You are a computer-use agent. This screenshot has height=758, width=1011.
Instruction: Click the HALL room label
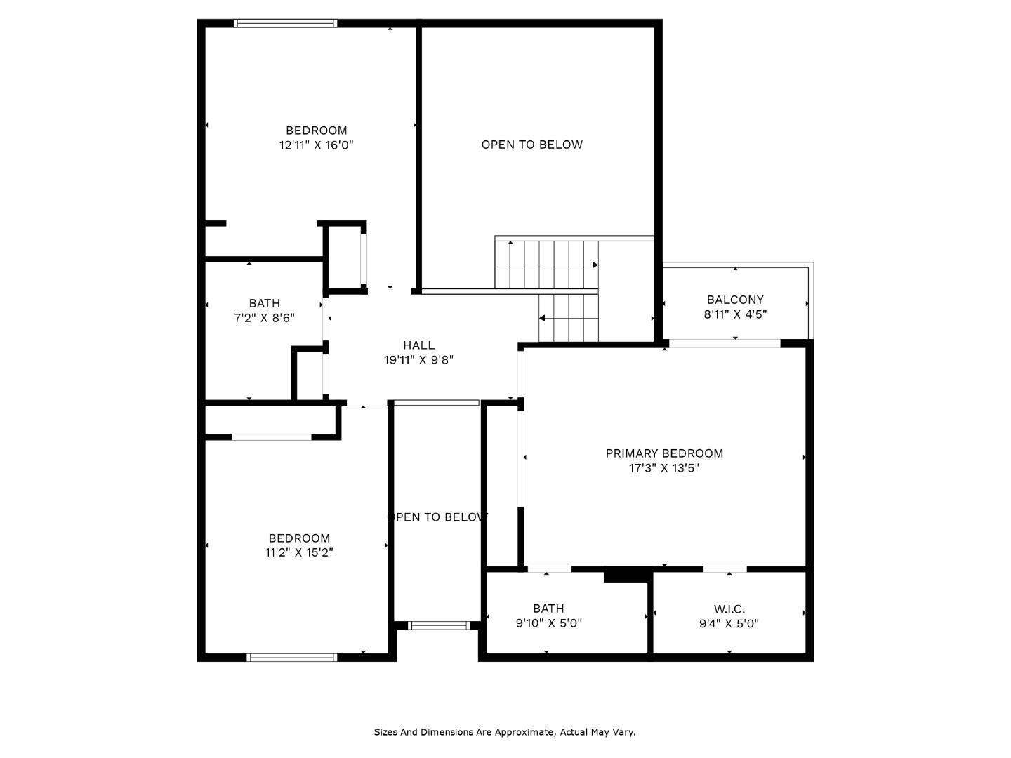pos(418,345)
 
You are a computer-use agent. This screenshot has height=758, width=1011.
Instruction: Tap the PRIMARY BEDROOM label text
pos(664,453)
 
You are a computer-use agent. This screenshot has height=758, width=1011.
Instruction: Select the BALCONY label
pos(735,300)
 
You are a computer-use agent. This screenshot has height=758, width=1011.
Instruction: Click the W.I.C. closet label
pos(729,609)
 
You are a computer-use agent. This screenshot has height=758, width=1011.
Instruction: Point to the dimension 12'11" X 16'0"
pos(316,145)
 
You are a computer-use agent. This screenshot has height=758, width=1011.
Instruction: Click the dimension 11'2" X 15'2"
pos(299,552)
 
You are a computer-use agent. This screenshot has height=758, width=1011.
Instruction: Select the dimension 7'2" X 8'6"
pos(264,318)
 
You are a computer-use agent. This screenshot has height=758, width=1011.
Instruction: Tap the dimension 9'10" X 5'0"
pos(548,623)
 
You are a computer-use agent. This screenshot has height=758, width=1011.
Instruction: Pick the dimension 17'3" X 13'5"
pos(664,468)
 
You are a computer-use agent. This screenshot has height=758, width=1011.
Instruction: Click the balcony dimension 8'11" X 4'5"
pos(735,314)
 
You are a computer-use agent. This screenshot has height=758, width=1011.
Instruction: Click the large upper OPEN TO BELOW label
pos(531,145)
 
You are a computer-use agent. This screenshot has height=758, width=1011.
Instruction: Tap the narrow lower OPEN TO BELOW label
pos(437,517)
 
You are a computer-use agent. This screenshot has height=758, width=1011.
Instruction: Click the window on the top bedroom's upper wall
pos(285,23)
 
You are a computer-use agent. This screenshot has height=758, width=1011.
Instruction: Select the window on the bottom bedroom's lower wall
pos(292,658)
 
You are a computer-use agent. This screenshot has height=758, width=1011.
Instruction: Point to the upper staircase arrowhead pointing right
pos(595,265)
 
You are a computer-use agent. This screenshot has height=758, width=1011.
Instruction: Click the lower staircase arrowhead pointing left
pos(542,319)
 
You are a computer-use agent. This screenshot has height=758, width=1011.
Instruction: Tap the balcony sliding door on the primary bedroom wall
pos(724,343)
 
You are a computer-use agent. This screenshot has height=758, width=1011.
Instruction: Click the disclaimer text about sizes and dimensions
pos(504,732)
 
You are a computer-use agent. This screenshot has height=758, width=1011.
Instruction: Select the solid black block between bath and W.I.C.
pos(627,575)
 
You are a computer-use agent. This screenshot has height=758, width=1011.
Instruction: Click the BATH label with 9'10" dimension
pos(548,609)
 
